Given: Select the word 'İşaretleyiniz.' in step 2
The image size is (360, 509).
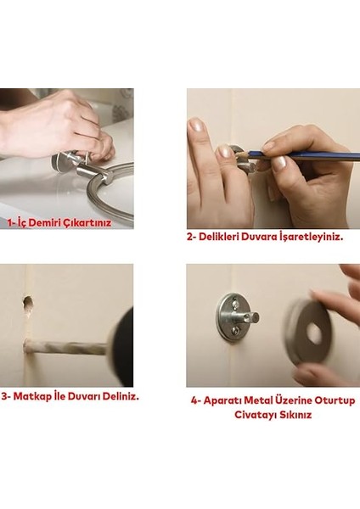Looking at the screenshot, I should [312, 238].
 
